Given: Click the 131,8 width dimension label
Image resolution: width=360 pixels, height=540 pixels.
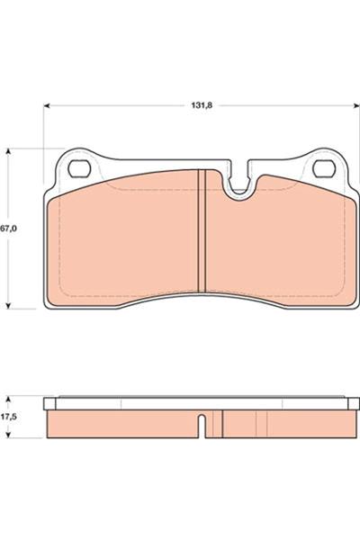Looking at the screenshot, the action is pos(202,105).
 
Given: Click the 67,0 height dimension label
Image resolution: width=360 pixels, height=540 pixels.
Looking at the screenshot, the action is pos(8,228).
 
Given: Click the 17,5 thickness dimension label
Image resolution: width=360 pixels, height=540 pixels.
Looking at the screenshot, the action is pos(8,417).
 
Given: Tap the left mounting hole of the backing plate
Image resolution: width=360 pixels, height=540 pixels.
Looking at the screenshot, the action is pos(79,169).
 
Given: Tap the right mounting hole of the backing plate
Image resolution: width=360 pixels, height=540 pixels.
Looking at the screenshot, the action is pos(324,169).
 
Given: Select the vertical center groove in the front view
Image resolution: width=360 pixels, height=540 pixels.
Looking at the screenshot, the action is pos(202,231).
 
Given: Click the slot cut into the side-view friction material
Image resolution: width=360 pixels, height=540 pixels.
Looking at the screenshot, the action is pos(202,426).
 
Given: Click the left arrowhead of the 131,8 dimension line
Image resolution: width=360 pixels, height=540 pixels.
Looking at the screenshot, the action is pos(47,105).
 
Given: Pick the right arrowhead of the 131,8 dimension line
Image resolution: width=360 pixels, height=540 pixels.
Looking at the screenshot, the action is pos(356,105).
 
